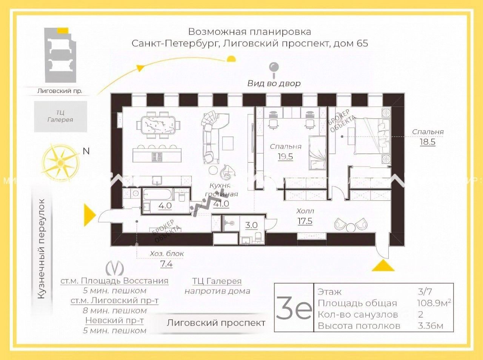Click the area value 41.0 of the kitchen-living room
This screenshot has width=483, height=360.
(x=221, y=204)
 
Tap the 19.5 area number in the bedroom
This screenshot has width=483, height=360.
(x=285, y=157)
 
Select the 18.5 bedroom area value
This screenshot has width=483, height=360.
(x=428, y=142)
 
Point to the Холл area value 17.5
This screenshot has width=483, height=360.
(x=305, y=221)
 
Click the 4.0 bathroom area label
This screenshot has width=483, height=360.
(x=165, y=206)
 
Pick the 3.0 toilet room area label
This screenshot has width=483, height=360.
(x=251, y=225)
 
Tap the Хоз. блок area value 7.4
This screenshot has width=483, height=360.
(x=166, y=264)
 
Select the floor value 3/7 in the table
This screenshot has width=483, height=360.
(x=425, y=292)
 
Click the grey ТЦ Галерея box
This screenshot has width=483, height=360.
(x=60, y=116)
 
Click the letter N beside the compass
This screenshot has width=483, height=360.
(x=86, y=151)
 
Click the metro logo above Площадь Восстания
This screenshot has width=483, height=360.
(x=115, y=268)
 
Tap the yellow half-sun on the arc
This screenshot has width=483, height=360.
(x=231, y=58)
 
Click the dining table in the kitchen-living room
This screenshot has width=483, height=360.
(x=158, y=125)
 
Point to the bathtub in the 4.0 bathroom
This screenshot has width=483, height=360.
(x=157, y=195)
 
